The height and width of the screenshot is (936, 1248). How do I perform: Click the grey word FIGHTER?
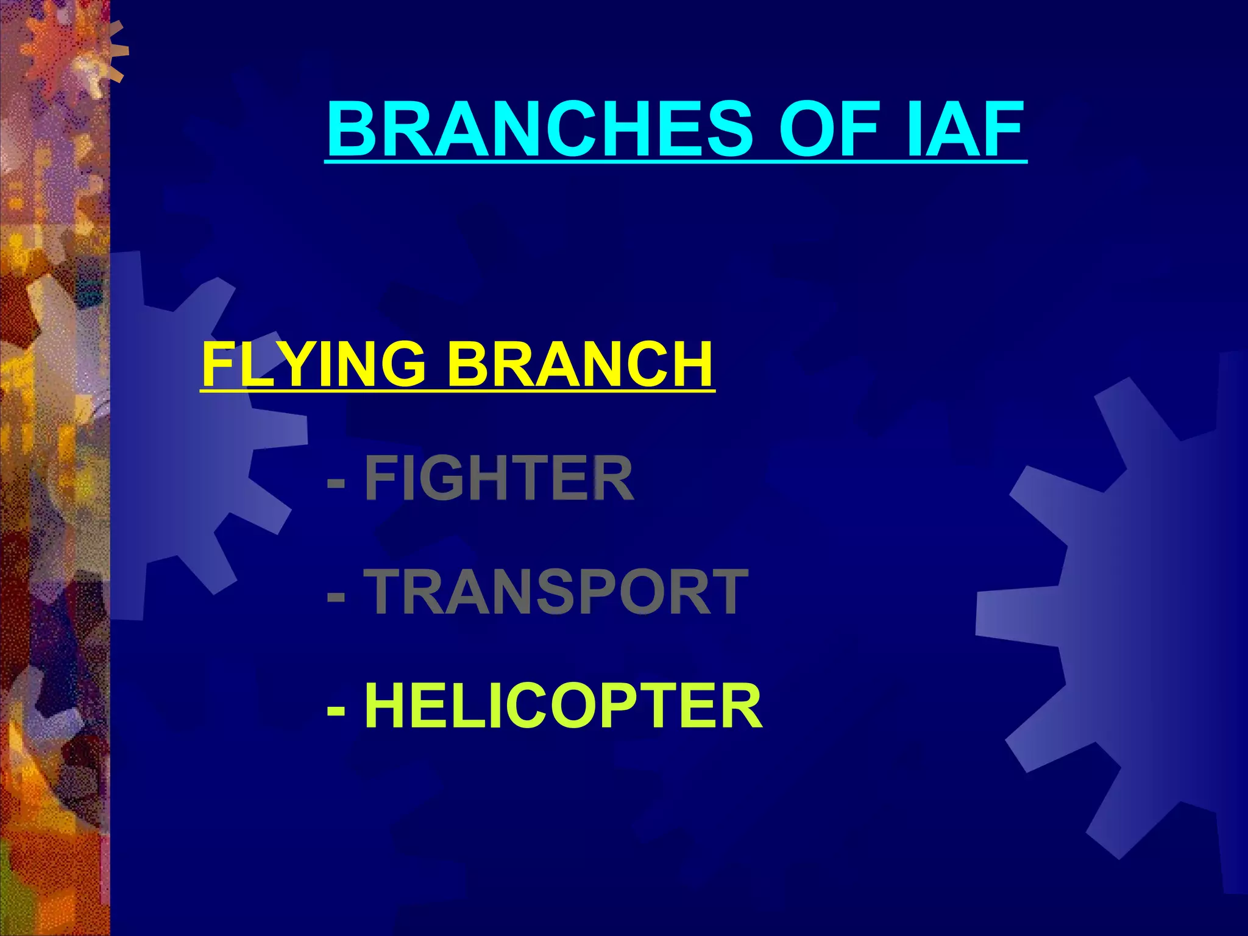pos(499,479)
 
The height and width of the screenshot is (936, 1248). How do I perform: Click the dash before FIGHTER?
pos(336,481)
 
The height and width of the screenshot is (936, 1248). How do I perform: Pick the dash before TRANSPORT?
pos(336,594)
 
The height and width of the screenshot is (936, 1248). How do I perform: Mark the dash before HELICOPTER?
pos(336,708)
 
